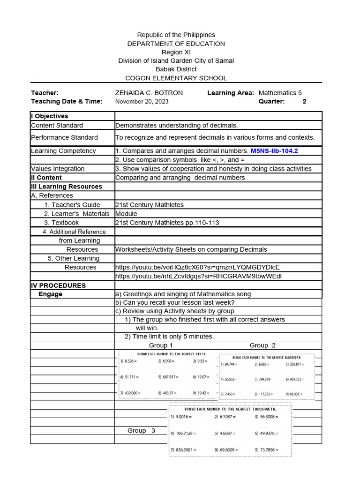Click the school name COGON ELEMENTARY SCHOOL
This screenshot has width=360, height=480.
tap(176, 78)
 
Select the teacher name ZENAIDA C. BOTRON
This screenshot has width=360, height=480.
tap(149, 93)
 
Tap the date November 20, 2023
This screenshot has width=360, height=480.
tap(142, 101)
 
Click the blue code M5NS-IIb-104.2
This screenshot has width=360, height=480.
tap(274, 151)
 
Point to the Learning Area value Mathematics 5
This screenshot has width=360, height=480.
tap(280, 93)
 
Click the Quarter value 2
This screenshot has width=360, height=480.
tap(304, 101)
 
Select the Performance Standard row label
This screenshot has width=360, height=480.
tap(64, 137)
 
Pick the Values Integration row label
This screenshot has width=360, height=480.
tap(58, 169)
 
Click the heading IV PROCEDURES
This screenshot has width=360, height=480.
tap(58, 285)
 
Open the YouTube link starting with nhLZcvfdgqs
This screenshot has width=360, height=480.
tap(198, 276)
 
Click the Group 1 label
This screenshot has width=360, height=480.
tap(161, 345)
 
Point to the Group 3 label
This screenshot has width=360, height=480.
tap(141, 430)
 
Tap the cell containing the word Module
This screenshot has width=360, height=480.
tap(126, 214)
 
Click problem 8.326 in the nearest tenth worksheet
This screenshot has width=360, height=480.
tap(128, 361)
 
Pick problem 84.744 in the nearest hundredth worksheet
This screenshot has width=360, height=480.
tap(230, 364)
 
